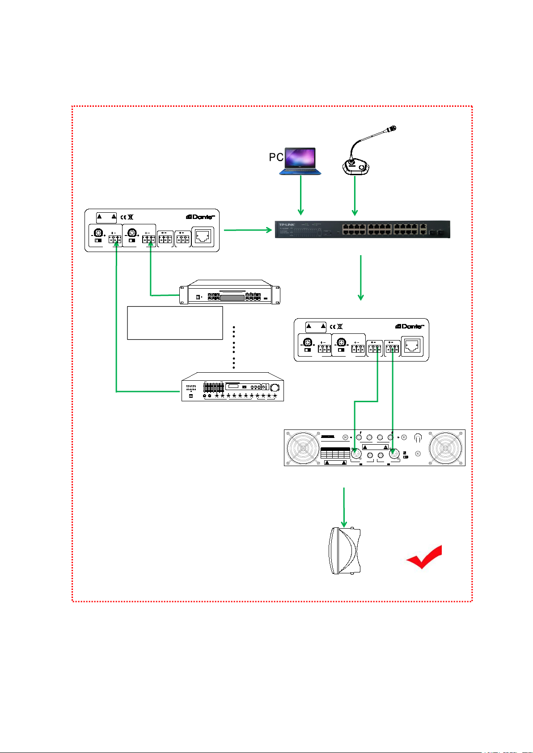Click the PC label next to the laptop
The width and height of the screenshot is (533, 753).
click(276, 157)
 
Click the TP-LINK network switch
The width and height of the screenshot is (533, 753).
click(362, 229)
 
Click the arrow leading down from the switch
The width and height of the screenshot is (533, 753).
click(361, 278)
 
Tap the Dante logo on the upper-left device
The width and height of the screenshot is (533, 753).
click(200, 217)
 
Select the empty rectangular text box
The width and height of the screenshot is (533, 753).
click(175, 323)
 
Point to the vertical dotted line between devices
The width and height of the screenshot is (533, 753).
click(234, 348)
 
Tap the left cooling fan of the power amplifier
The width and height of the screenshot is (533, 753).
click(304, 448)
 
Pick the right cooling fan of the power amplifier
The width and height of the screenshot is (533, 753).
click(445, 448)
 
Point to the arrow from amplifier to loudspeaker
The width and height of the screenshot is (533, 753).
click(344, 507)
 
